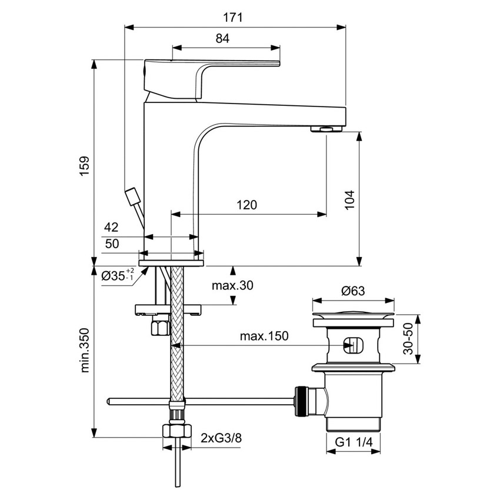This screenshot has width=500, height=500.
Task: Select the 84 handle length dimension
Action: pos(222,39)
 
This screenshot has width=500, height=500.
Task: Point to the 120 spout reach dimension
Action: pos(246,205)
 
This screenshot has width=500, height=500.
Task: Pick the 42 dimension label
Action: pos(112,227)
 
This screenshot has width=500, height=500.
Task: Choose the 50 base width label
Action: pos(112,244)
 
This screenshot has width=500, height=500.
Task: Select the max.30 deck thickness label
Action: pos(232,286)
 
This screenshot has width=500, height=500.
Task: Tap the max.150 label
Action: pos(264,336)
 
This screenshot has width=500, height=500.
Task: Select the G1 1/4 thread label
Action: pos(353,443)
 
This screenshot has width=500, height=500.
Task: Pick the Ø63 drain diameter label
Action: pos(353,290)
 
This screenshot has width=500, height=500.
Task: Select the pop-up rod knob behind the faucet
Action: pos(133,195)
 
